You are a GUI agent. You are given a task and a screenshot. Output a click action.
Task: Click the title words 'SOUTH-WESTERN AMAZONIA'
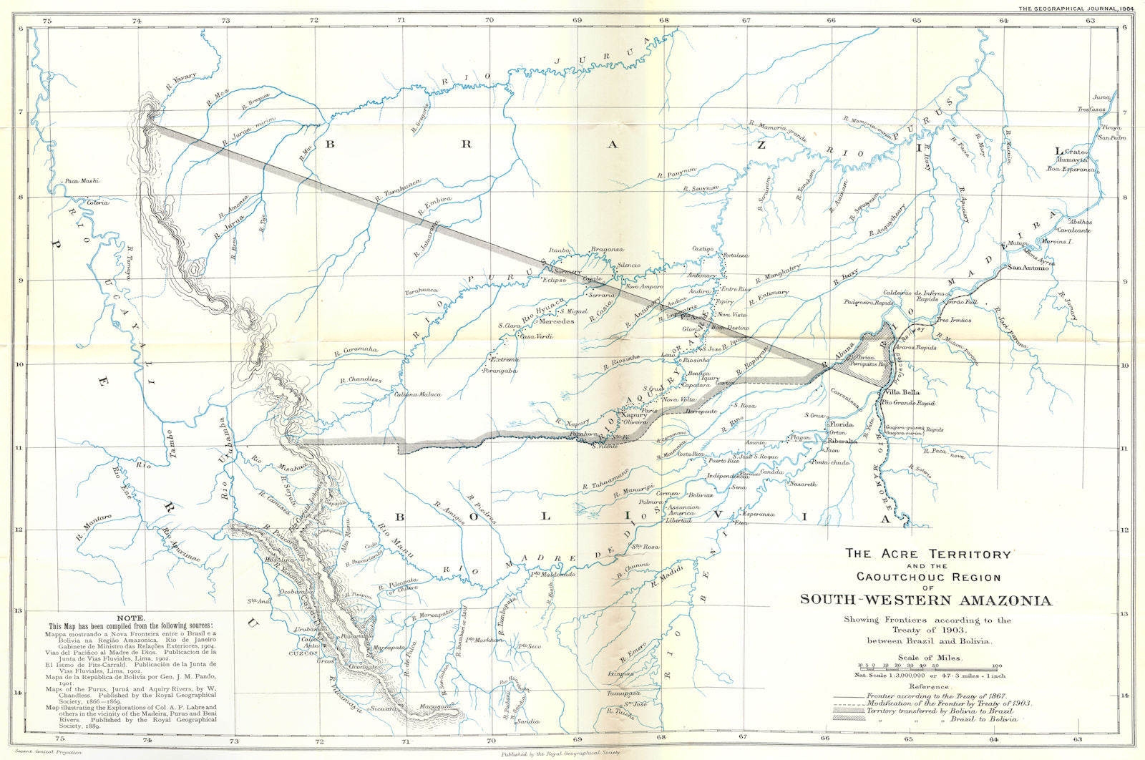[926, 600]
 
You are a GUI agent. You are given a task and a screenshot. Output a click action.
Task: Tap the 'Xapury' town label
[633, 415]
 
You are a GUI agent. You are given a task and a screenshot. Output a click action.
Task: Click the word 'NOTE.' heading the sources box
[133, 618]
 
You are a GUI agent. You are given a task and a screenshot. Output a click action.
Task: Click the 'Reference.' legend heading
[929, 686]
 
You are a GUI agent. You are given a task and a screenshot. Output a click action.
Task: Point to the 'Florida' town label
[841, 424]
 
